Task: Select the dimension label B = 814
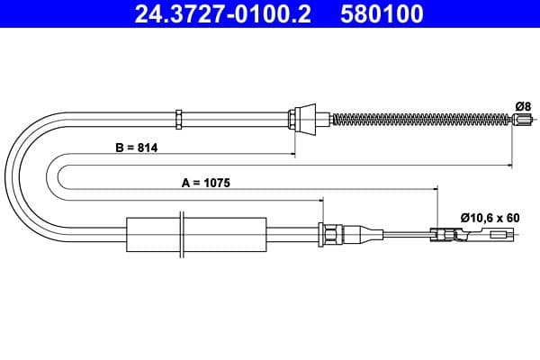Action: [137, 148]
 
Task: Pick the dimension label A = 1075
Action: [206, 183]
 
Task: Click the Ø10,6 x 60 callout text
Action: [489, 217]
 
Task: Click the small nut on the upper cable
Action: [179, 117]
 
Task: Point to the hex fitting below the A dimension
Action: [332, 235]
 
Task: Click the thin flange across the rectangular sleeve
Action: [183, 236]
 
